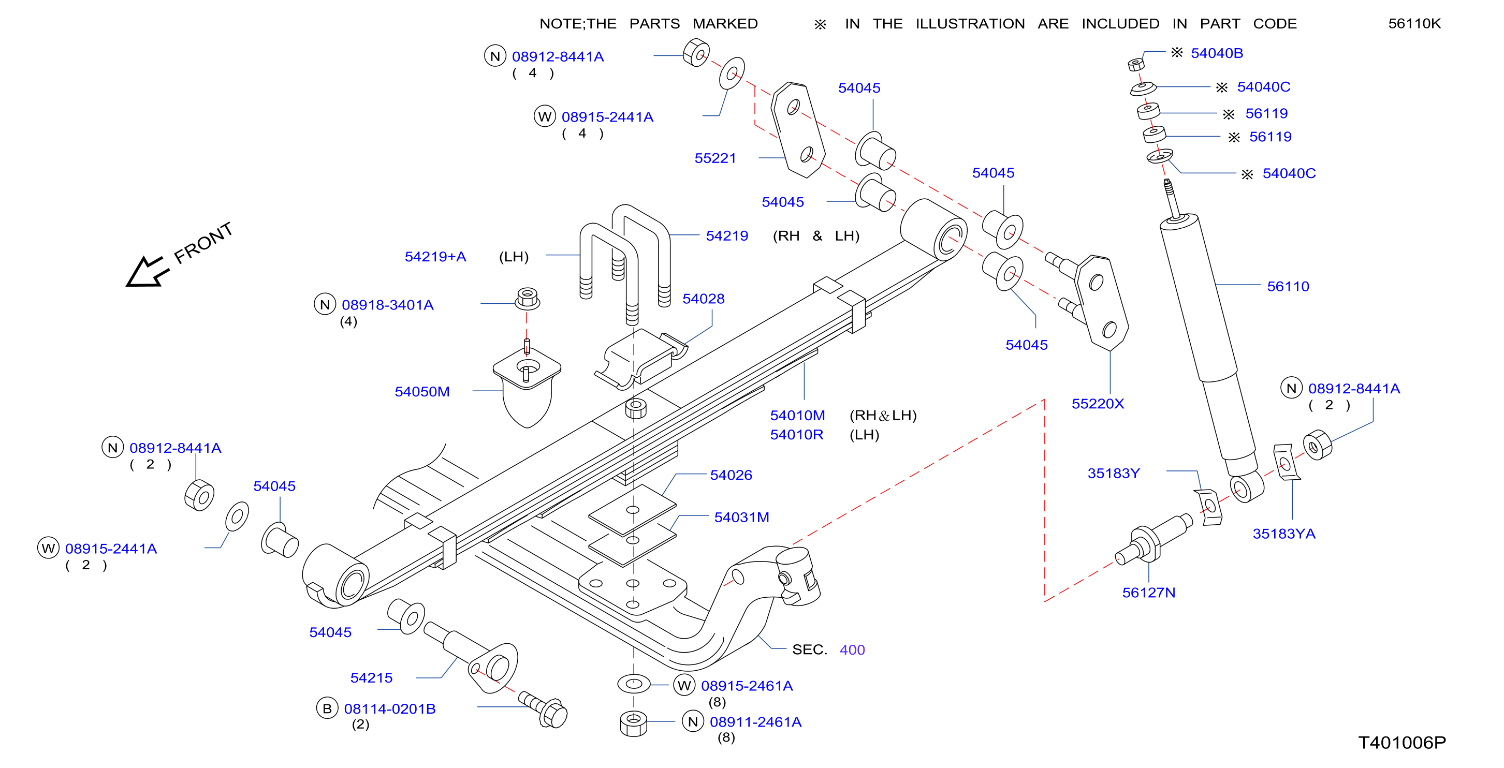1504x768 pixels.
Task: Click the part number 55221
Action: (x=714, y=158)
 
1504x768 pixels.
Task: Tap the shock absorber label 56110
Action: (x=1288, y=287)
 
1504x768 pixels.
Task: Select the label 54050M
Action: (x=422, y=392)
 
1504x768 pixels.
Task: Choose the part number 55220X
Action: (x=1098, y=404)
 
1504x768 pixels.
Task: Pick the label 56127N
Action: (x=1148, y=593)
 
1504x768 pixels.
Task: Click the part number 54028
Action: (x=704, y=299)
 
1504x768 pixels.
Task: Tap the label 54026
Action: (x=731, y=475)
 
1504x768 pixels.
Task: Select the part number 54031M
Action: (x=741, y=517)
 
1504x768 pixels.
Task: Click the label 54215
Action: (x=371, y=677)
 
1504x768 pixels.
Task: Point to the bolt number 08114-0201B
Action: (x=390, y=708)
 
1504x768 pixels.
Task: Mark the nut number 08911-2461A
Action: (x=755, y=722)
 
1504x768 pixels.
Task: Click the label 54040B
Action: (x=1217, y=53)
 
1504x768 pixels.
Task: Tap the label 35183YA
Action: (x=1284, y=534)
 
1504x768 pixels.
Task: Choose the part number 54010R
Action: (x=796, y=435)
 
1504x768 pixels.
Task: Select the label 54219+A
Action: (x=435, y=257)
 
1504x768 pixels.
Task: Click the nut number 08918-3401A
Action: (x=388, y=305)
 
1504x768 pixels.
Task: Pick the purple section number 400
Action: (x=852, y=649)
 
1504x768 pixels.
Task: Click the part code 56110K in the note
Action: (x=1414, y=24)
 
